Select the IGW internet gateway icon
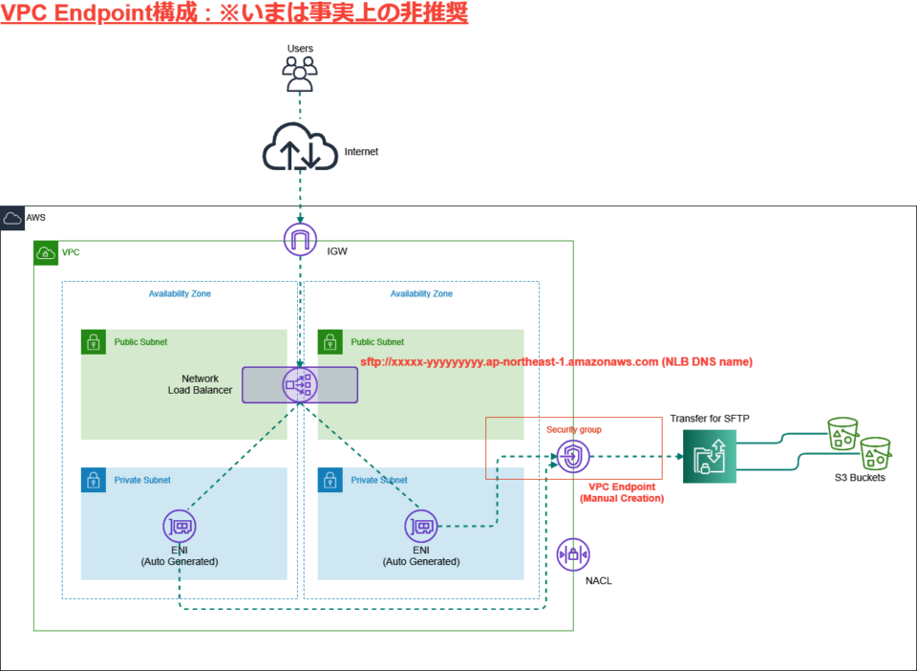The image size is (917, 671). pos(300,239)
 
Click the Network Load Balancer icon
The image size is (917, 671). pos(300,384)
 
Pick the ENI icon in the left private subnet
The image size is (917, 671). pos(180,526)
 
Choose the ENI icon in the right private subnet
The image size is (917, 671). pos(420,526)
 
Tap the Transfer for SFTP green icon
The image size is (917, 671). pos(711,456)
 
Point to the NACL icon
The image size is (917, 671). pos(573,554)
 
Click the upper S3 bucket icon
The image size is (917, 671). pos(842,433)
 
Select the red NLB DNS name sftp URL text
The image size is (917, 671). pos(556,362)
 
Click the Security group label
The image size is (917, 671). pos(573,429)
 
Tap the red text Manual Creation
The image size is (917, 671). pos(621,499)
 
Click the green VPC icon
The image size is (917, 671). pos(46,253)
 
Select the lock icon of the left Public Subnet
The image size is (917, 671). pos(93,342)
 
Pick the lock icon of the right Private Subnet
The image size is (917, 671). pos(330,480)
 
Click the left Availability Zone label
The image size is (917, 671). pos(180,293)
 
